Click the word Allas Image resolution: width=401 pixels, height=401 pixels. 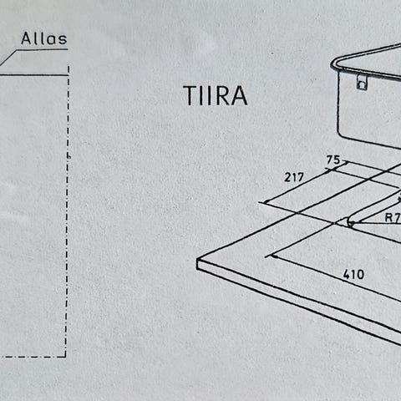pyautogui.click(x=44, y=38)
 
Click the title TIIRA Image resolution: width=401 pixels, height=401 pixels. pyautogui.click(x=215, y=95)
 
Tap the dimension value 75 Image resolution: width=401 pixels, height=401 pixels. pyautogui.click(x=333, y=160)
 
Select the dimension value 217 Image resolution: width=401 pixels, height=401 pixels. pyautogui.click(x=294, y=177)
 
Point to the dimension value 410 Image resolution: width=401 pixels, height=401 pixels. pyautogui.click(x=353, y=275)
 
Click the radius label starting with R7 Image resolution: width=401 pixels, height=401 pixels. pyautogui.click(x=393, y=217)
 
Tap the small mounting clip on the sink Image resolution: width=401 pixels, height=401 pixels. pyautogui.click(x=362, y=82)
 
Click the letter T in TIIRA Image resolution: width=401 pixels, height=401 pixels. pyautogui.click(x=190, y=95)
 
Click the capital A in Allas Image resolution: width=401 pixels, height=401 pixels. pyautogui.click(x=27, y=38)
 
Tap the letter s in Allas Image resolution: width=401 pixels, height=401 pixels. pyautogui.click(x=63, y=40)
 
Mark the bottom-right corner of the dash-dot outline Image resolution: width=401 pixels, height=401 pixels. pyautogui.click(x=66, y=356)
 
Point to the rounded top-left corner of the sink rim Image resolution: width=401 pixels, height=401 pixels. pyautogui.click(x=334, y=63)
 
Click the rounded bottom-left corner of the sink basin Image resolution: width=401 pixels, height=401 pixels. pyautogui.click(x=341, y=135)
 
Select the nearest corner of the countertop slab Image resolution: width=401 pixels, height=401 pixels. pyautogui.click(x=197, y=260)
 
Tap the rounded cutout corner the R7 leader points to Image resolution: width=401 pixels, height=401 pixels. pyautogui.click(x=348, y=221)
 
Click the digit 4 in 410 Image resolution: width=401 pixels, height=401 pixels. pyautogui.click(x=347, y=274)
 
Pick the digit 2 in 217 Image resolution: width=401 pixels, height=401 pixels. pyautogui.click(x=287, y=177)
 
